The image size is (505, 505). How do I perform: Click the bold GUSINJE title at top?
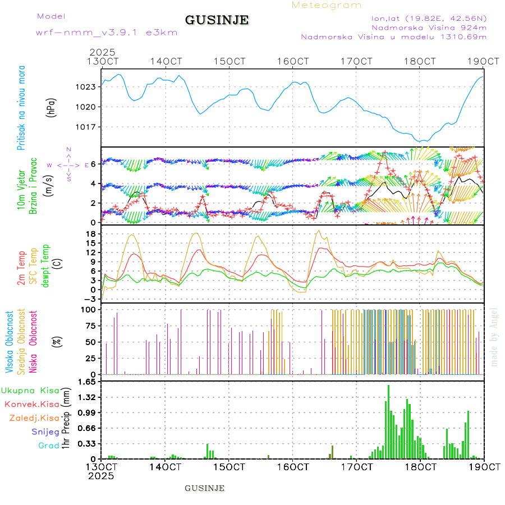point(217,20)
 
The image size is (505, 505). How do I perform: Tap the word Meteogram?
point(327,5)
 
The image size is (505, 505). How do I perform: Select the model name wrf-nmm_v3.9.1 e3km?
point(107,33)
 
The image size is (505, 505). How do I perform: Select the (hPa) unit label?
point(50,107)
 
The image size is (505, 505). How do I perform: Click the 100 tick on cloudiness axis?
point(89,310)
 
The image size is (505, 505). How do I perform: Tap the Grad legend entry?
point(48,446)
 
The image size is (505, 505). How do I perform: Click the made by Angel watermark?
point(494,337)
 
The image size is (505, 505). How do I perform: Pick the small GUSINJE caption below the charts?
point(205,488)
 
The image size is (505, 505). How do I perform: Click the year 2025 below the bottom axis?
point(101,475)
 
